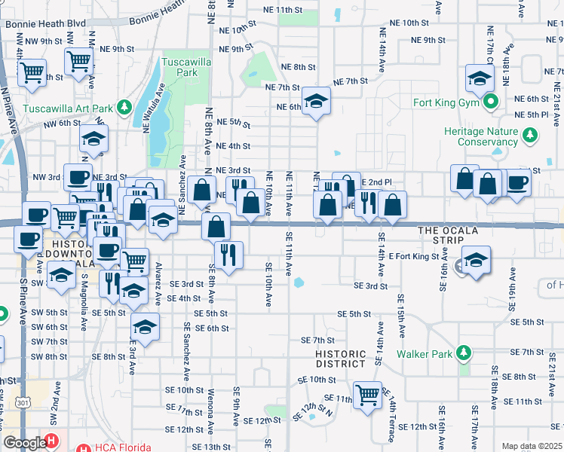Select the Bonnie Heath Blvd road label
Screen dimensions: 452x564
point(45,23)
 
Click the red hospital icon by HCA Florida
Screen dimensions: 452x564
point(51,441)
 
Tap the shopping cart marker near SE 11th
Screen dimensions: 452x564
point(367,393)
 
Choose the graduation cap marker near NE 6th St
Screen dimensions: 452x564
point(317,101)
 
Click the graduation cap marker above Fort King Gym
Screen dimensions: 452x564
point(479,78)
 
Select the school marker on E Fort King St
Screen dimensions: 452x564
point(475,260)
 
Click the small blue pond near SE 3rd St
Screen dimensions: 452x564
point(299,284)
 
